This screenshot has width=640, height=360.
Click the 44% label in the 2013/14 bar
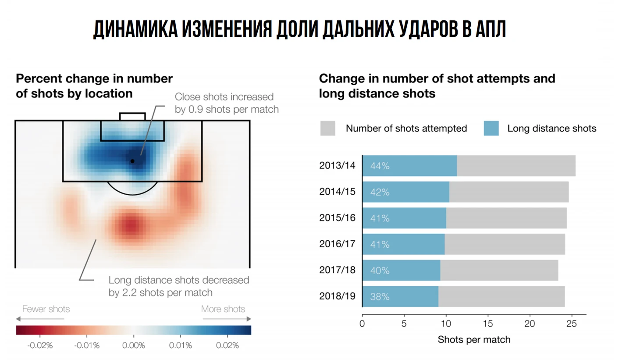380,166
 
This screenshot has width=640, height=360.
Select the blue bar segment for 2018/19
400,296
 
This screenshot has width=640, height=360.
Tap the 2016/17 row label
337,244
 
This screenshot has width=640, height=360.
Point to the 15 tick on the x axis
487,324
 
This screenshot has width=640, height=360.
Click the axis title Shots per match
474,339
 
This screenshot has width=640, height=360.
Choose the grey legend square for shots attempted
327,128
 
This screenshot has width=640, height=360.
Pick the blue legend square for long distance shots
491,128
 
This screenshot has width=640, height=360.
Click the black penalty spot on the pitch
132,161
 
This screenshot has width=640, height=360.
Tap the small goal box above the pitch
132,117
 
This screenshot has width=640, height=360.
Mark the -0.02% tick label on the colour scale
40,346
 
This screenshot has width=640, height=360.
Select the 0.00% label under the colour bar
134,346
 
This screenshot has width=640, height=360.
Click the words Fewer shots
46,309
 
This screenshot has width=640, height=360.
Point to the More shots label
223,309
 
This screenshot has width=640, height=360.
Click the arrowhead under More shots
249,319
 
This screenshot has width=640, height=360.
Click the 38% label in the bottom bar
380,297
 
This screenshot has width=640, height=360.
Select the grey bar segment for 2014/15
508,192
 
